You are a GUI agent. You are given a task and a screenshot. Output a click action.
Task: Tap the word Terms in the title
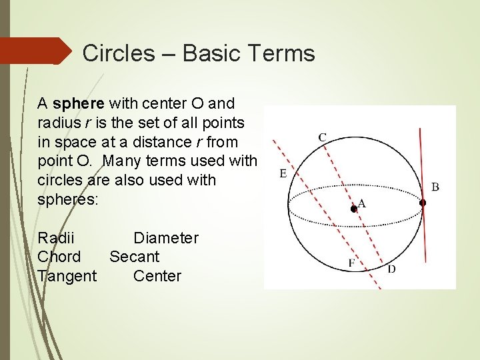pos(281,53)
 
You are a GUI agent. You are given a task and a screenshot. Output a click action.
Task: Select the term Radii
pos(56,238)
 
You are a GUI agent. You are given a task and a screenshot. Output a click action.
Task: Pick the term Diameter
pos(166,238)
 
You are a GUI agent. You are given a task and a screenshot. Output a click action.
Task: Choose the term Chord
pos(59,257)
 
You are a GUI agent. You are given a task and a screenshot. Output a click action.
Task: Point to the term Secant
pos(134,257)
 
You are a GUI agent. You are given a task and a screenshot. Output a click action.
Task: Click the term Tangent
pos(67,276)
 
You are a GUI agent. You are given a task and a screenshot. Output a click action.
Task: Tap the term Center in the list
pos(157,276)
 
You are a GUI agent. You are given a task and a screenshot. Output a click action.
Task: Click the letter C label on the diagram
pos(322,137)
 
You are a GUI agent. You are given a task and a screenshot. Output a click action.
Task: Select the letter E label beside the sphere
pos(283,173)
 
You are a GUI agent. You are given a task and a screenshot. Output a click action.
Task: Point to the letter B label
pos(435,187)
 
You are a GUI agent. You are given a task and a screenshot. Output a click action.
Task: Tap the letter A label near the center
pos(362,203)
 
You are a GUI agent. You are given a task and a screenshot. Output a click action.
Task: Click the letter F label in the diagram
pos(351,263)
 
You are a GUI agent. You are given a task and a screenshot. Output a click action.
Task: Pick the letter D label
pos(391,269)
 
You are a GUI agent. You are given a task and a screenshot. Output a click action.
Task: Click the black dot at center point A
pos(354,209)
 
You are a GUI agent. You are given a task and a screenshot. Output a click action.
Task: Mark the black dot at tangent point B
pos(422,202)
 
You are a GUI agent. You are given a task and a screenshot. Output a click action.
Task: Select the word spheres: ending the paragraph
pos(68,199)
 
